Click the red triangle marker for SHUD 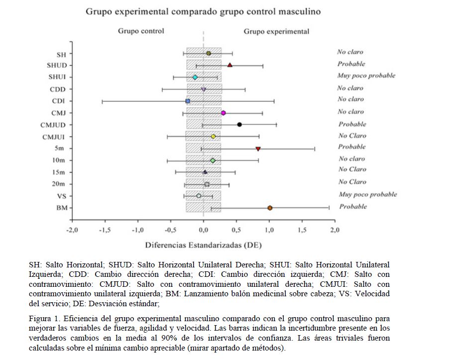tap(230, 65)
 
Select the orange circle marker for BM tap(270, 208)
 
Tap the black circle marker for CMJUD tap(239, 124)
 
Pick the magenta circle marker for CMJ tap(224, 113)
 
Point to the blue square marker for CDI tap(188, 101)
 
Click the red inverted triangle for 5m tap(258, 148)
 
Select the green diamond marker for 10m tap(213, 160)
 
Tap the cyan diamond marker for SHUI tap(195, 77)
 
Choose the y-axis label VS tap(61, 196)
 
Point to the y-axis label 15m tap(59, 172)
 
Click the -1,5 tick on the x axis tap(105, 231)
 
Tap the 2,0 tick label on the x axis tap(335, 231)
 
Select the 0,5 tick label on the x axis tap(236, 231)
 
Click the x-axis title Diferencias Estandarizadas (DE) tap(203, 245)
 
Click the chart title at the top tap(203, 10)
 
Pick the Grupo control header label tap(141, 31)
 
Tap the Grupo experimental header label tap(276, 31)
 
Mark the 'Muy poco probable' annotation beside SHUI tap(366, 76)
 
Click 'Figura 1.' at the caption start tap(43, 318)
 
